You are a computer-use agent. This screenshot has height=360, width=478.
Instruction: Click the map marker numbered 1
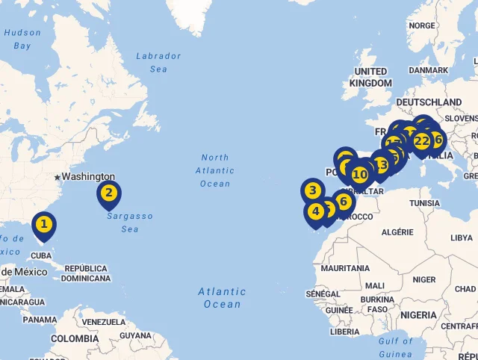pyautogui.click(x=44, y=224)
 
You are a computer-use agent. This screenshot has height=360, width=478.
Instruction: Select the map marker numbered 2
pyautogui.click(x=109, y=193)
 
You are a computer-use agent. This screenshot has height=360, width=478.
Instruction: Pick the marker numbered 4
pyautogui.click(x=316, y=211)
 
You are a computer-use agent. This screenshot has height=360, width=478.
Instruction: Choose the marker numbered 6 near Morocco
pyautogui.click(x=344, y=201)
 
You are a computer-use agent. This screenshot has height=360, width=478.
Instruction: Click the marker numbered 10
pyautogui.click(x=360, y=175)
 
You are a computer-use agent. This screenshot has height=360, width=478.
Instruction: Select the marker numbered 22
pyautogui.click(x=422, y=141)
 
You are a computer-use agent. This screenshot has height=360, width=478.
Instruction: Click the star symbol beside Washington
pyautogui.click(x=57, y=177)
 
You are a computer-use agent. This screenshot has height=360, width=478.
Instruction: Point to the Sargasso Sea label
pyautogui.click(x=129, y=222)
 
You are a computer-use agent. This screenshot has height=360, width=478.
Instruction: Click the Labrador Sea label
pyautogui.click(x=158, y=62)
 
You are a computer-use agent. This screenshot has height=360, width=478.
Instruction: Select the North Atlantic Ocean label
pyautogui.click(x=215, y=170)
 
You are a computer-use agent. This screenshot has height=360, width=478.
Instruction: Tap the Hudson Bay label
pyautogui.click(x=22, y=39)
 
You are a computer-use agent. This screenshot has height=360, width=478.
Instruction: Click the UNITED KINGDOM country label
pyautogui.click(x=370, y=77)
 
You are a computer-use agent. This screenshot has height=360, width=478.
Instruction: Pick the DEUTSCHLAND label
pyautogui.click(x=429, y=102)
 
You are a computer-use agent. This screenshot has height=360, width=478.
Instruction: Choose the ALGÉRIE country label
pyautogui.click(x=397, y=232)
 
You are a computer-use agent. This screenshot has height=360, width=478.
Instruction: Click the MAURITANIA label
pyautogui.click(x=345, y=267)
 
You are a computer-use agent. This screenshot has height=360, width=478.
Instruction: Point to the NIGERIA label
pyautogui.click(x=419, y=315)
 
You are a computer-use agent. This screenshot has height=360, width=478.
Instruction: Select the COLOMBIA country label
pyautogui.click(x=75, y=338)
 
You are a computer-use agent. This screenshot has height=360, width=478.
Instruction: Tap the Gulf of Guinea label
pyautogui.click(x=396, y=347)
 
